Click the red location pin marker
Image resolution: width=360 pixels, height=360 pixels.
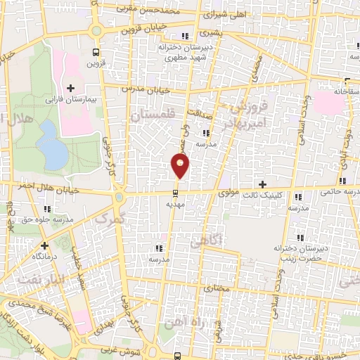click(x=181, y=165)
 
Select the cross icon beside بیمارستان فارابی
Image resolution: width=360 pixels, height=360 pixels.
click(x=70, y=88)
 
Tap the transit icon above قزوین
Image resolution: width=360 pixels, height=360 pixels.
click(x=96, y=53)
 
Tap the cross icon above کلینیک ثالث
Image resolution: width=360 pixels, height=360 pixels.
click(x=262, y=185)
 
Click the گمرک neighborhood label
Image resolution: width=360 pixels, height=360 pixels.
click(x=109, y=219)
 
